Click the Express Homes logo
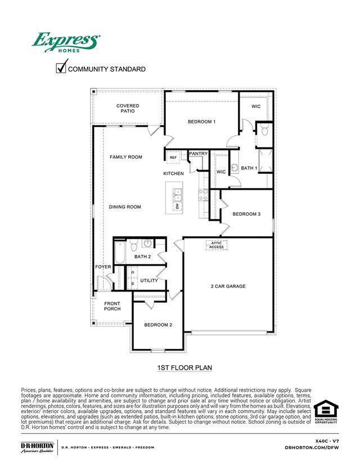pyautogui.click(x=66, y=43)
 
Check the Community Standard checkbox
pyautogui.click(x=61, y=68)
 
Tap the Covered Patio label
pyautogui.click(x=128, y=109)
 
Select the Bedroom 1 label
pyautogui.click(x=201, y=122)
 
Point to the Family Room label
pyautogui.click(x=126, y=157)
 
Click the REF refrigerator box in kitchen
pyautogui.click(x=173, y=157)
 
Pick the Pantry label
pyautogui.click(x=199, y=154)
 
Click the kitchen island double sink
pyautogui.click(x=178, y=196)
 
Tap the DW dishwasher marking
pyautogui.click(x=178, y=207)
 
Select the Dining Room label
pyautogui.click(x=125, y=207)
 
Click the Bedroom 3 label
pyautogui.click(x=246, y=214)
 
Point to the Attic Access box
pyautogui.click(x=217, y=245)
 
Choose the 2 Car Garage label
pyautogui.click(x=228, y=286)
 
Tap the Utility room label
pyautogui.click(x=149, y=280)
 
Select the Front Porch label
pyautogui.click(x=112, y=306)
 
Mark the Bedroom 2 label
pyautogui.click(x=158, y=325)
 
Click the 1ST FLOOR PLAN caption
pyautogui.click(x=184, y=368)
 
